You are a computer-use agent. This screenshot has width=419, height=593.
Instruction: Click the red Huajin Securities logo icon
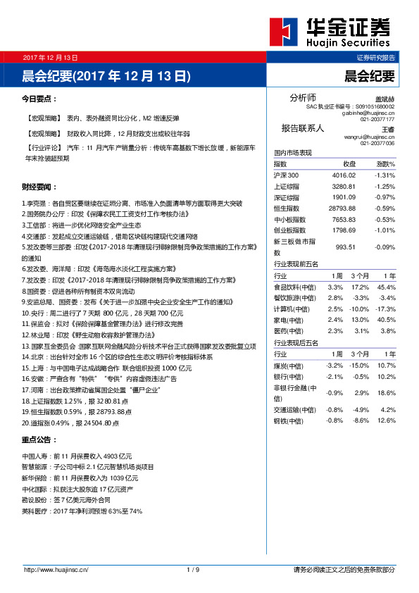(x=284, y=31)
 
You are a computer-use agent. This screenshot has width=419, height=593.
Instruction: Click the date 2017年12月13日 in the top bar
(x=50, y=57)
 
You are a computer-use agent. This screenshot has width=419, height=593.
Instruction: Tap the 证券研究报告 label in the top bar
(x=375, y=57)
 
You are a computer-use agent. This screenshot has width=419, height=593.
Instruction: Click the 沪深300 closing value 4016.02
(x=346, y=175)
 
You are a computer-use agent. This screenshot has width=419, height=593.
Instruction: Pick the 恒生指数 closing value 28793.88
(x=344, y=208)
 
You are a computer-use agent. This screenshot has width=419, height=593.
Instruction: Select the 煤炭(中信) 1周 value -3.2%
(x=334, y=366)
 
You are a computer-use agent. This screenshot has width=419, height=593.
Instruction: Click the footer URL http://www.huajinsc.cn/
(x=56, y=569)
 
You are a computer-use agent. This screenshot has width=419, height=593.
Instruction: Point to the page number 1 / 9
(x=194, y=569)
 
